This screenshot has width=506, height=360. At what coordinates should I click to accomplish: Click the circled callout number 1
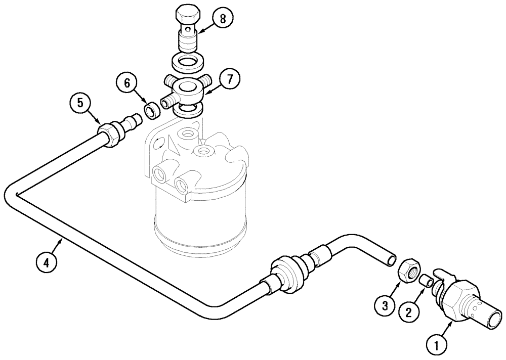click(438, 346)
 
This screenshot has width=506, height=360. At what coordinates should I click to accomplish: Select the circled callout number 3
click(385, 305)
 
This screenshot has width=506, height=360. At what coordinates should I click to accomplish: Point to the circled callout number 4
click(47, 262)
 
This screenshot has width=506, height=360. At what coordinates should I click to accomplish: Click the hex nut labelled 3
click(408, 271)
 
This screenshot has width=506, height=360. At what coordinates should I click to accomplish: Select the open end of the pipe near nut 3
click(391, 259)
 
